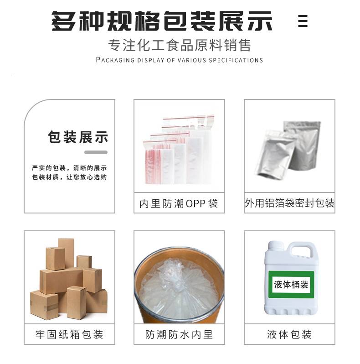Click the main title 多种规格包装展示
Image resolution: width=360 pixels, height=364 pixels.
pyautogui.click(x=162, y=21)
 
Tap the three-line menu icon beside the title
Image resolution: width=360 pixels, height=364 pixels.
pyautogui.click(x=303, y=21)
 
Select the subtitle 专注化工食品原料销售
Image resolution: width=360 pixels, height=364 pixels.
pyautogui.click(x=180, y=45)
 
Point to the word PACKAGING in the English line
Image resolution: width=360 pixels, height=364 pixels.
pyautogui.click(x=115, y=60)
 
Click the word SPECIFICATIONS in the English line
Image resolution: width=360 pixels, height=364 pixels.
pyautogui.click(x=236, y=60)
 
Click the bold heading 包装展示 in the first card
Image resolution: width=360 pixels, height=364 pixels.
pyautogui.click(x=78, y=137)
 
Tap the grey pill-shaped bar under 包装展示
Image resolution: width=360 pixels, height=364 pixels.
pyautogui.click(x=96, y=152)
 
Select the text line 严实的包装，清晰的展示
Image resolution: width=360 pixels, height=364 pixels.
pyautogui.click(x=69, y=168)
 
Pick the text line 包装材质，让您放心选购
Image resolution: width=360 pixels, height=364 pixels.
pyautogui.click(x=69, y=177)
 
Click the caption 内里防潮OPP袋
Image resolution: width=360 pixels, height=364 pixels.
pyautogui.click(x=179, y=203)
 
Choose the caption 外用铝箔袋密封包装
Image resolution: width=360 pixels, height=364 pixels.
pyautogui.click(x=289, y=203)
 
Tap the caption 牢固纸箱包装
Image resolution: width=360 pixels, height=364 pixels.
pyautogui.click(x=69, y=334)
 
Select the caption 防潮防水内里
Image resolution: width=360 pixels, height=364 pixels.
pyautogui.click(x=179, y=334)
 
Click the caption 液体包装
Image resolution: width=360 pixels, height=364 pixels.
pyautogui.click(x=289, y=334)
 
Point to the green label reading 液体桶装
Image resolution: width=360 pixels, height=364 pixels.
pyautogui.click(x=291, y=285)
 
